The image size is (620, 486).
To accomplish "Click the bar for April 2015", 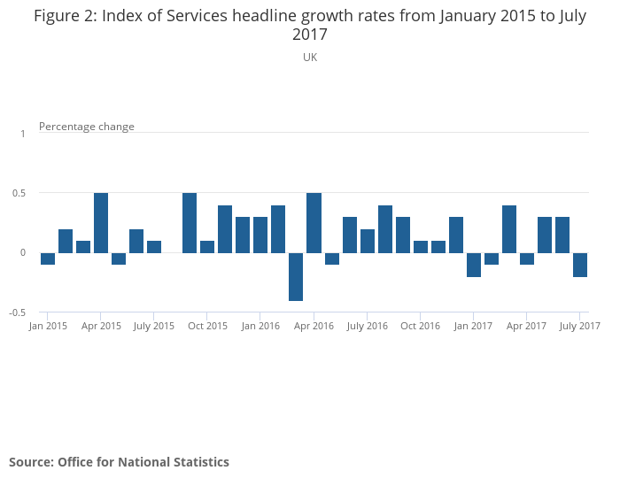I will (101, 223).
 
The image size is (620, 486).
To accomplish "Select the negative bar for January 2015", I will (48, 258).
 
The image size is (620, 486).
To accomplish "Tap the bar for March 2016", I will (296, 276).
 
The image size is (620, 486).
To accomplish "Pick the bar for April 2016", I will (314, 223).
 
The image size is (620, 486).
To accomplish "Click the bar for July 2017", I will (580, 265).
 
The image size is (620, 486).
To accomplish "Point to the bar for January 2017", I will (474, 265).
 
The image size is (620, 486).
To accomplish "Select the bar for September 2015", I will (190, 223).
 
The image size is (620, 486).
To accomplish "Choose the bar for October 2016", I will (421, 247).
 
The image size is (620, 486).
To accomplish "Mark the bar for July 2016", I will (368, 241).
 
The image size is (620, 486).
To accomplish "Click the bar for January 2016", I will (260, 235).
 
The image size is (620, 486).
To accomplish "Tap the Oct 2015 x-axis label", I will (208, 326).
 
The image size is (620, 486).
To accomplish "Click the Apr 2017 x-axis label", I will (527, 326).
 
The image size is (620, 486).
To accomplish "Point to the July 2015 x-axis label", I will (154, 326).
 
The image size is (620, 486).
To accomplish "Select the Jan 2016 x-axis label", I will (261, 326).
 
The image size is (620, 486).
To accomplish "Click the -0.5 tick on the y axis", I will (18, 312).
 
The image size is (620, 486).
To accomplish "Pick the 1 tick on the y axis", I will (23, 133).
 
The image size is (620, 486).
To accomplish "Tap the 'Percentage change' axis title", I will (87, 127).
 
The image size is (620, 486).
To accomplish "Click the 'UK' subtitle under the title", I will (310, 58).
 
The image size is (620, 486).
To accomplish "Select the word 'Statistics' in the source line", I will (199, 462).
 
